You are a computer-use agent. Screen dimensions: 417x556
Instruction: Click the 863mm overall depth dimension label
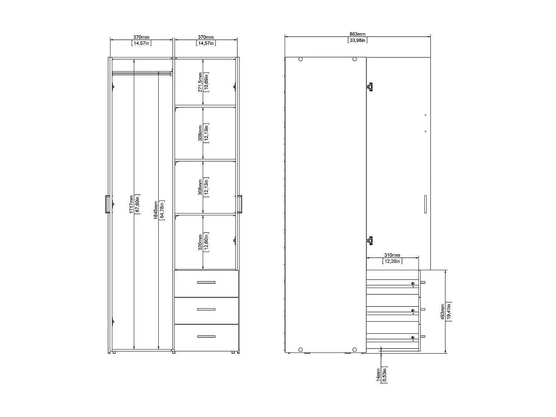tap(358, 34)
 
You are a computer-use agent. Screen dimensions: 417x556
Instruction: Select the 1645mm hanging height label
tap(156, 210)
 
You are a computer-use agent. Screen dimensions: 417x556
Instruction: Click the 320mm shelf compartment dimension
tap(200, 242)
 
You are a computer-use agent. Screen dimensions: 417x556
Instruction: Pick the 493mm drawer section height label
tap(443, 312)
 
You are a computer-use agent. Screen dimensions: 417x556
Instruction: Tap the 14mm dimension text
tap(378, 374)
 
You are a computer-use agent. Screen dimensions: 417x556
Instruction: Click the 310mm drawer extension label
tap(392, 255)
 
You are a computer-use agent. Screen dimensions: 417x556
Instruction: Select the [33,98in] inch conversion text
tap(358, 40)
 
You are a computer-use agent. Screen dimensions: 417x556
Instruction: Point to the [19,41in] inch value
tap(449, 312)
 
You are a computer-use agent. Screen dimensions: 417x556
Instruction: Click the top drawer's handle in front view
tap(206, 282)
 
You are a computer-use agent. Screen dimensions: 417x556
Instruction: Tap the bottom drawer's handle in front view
tap(206, 337)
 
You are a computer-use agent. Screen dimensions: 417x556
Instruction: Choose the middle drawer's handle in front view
tap(206, 309)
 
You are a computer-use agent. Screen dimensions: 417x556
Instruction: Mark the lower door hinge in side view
tap(369, 241)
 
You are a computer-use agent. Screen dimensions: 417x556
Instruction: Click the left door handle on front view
tap(107, 204)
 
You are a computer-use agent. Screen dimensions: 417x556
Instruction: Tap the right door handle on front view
tap(240, 204)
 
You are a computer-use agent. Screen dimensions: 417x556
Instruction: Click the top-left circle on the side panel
tap(300, 59)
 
